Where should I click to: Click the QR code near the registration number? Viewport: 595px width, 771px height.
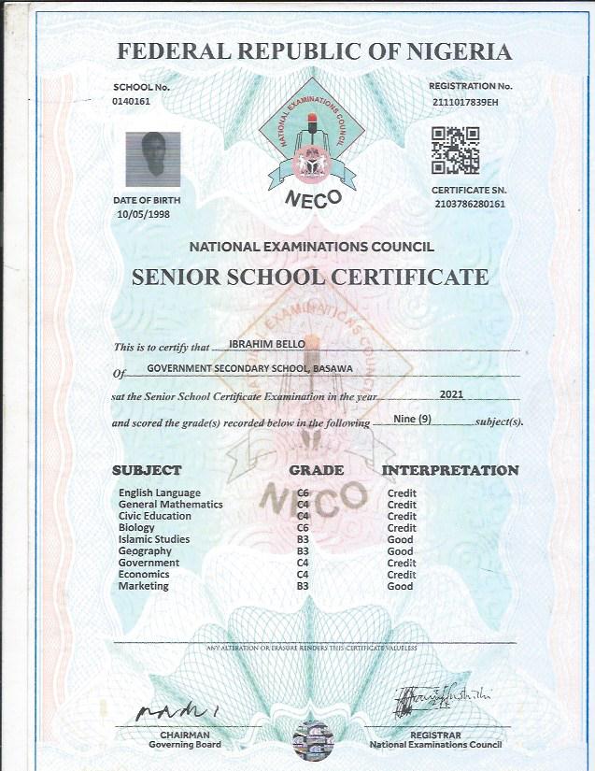pyautogui.click(x=455, y=150)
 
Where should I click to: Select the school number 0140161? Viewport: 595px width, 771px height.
pyautogui.click(x=131, y=99)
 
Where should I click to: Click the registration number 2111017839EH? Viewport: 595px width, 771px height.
pyautogui.click(x=467, y=99)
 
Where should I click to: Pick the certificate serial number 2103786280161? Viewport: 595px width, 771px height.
pyautogui.click(x=470, y=204)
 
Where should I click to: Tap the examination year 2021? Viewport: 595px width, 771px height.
pyautogui.click(x=450, y=395)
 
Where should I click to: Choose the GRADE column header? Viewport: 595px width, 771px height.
pyautogui.click(x=317, y=470)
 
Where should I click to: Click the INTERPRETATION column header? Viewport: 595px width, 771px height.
pyautogui.click(x=450, y=470)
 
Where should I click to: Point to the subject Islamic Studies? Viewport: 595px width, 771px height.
pyautogui.click(x=154, y=539)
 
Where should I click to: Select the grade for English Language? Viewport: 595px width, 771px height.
pyautogui.click(x=303, y=493)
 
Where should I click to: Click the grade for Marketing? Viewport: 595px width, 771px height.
pyautogui.click(x=303, y=586)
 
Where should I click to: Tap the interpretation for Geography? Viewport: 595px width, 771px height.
pyautogui.click(x=400, y=551)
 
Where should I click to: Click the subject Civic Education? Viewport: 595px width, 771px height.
pyautogui.click(x=155, y=516)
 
